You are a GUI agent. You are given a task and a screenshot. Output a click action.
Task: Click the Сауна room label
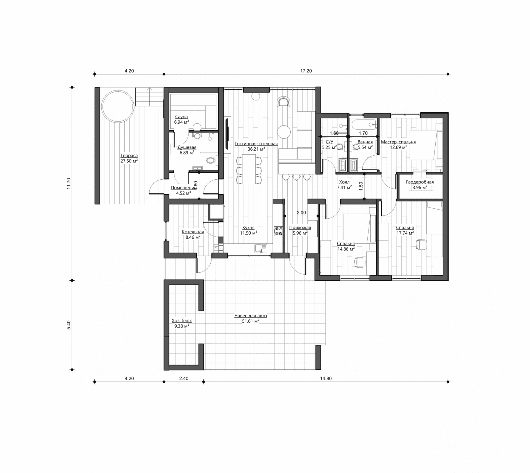pos(181,117)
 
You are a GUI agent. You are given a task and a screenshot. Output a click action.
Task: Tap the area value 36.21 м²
pos(256,149)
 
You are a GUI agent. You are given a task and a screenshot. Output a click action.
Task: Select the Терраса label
pos(129,156)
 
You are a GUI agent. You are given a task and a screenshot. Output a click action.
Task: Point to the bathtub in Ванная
pos(364,124)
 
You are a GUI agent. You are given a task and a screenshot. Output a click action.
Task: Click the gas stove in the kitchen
pos(278,231)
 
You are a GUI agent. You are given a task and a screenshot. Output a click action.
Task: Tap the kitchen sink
pos(261,248)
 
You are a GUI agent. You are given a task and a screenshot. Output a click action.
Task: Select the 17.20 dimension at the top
pos(306,71)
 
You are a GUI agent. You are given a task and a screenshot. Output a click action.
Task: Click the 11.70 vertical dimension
pos(69,184)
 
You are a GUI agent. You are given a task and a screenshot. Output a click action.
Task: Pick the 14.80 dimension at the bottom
pos(326,379)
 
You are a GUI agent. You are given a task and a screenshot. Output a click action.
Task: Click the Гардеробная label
pos(420,182)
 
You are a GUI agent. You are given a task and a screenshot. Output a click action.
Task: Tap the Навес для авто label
pos(251,316)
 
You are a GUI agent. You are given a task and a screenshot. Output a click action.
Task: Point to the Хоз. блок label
pos(182,321)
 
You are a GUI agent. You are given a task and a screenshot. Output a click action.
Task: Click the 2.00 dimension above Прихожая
pos(301,213)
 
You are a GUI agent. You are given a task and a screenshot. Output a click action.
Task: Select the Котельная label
pos(193,232)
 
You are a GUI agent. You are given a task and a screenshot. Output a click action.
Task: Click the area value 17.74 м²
pos(405,233)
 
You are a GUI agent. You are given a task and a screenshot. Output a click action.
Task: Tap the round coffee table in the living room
pos(284,132)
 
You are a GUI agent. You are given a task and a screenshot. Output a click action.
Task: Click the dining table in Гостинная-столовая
pos(249,169)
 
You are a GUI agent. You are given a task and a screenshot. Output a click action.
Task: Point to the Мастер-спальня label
pos(398,142)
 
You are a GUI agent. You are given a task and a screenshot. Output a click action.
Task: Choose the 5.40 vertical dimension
pos(69,325)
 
